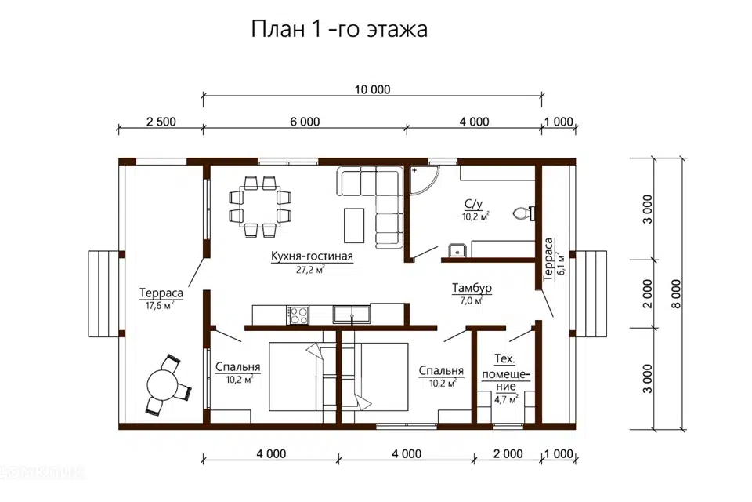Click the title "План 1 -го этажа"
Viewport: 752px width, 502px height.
click(x=338, y=30)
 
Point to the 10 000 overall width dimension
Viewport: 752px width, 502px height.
click(x=372, y=89)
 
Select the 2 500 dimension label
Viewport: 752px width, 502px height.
click(x=161, y=122)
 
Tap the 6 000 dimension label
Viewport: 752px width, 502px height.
click(x=305, y=122)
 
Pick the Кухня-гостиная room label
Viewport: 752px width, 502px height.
click(x=313, y=256)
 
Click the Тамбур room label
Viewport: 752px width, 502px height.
click(x=472, y=289)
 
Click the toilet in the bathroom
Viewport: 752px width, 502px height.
click(x=522, y=213)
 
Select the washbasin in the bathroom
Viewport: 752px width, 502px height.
click(x=457, y=251)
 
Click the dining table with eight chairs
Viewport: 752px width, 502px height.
click(x=259, y=206)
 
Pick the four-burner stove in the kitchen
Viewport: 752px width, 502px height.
click(x=298, y=315)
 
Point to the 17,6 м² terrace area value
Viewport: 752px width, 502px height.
click(x=161, y=306)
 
